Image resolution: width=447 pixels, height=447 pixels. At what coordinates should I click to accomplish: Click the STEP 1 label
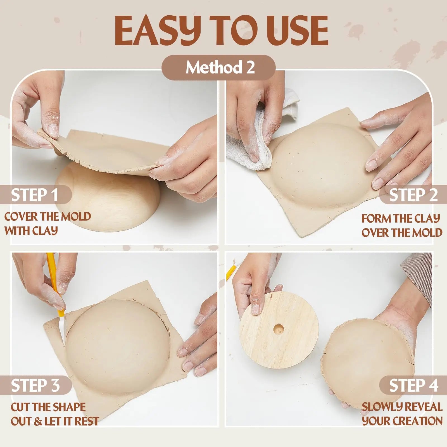tap(35, 195)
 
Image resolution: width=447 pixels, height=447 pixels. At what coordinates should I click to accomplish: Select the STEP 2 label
tap(413, 195)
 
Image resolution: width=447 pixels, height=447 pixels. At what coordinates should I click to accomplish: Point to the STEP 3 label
tap(35, 386)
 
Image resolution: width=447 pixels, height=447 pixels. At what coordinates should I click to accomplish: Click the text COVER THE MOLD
tap(47, 217)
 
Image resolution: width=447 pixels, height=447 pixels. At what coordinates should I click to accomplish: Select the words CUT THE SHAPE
tap(48, 407)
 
